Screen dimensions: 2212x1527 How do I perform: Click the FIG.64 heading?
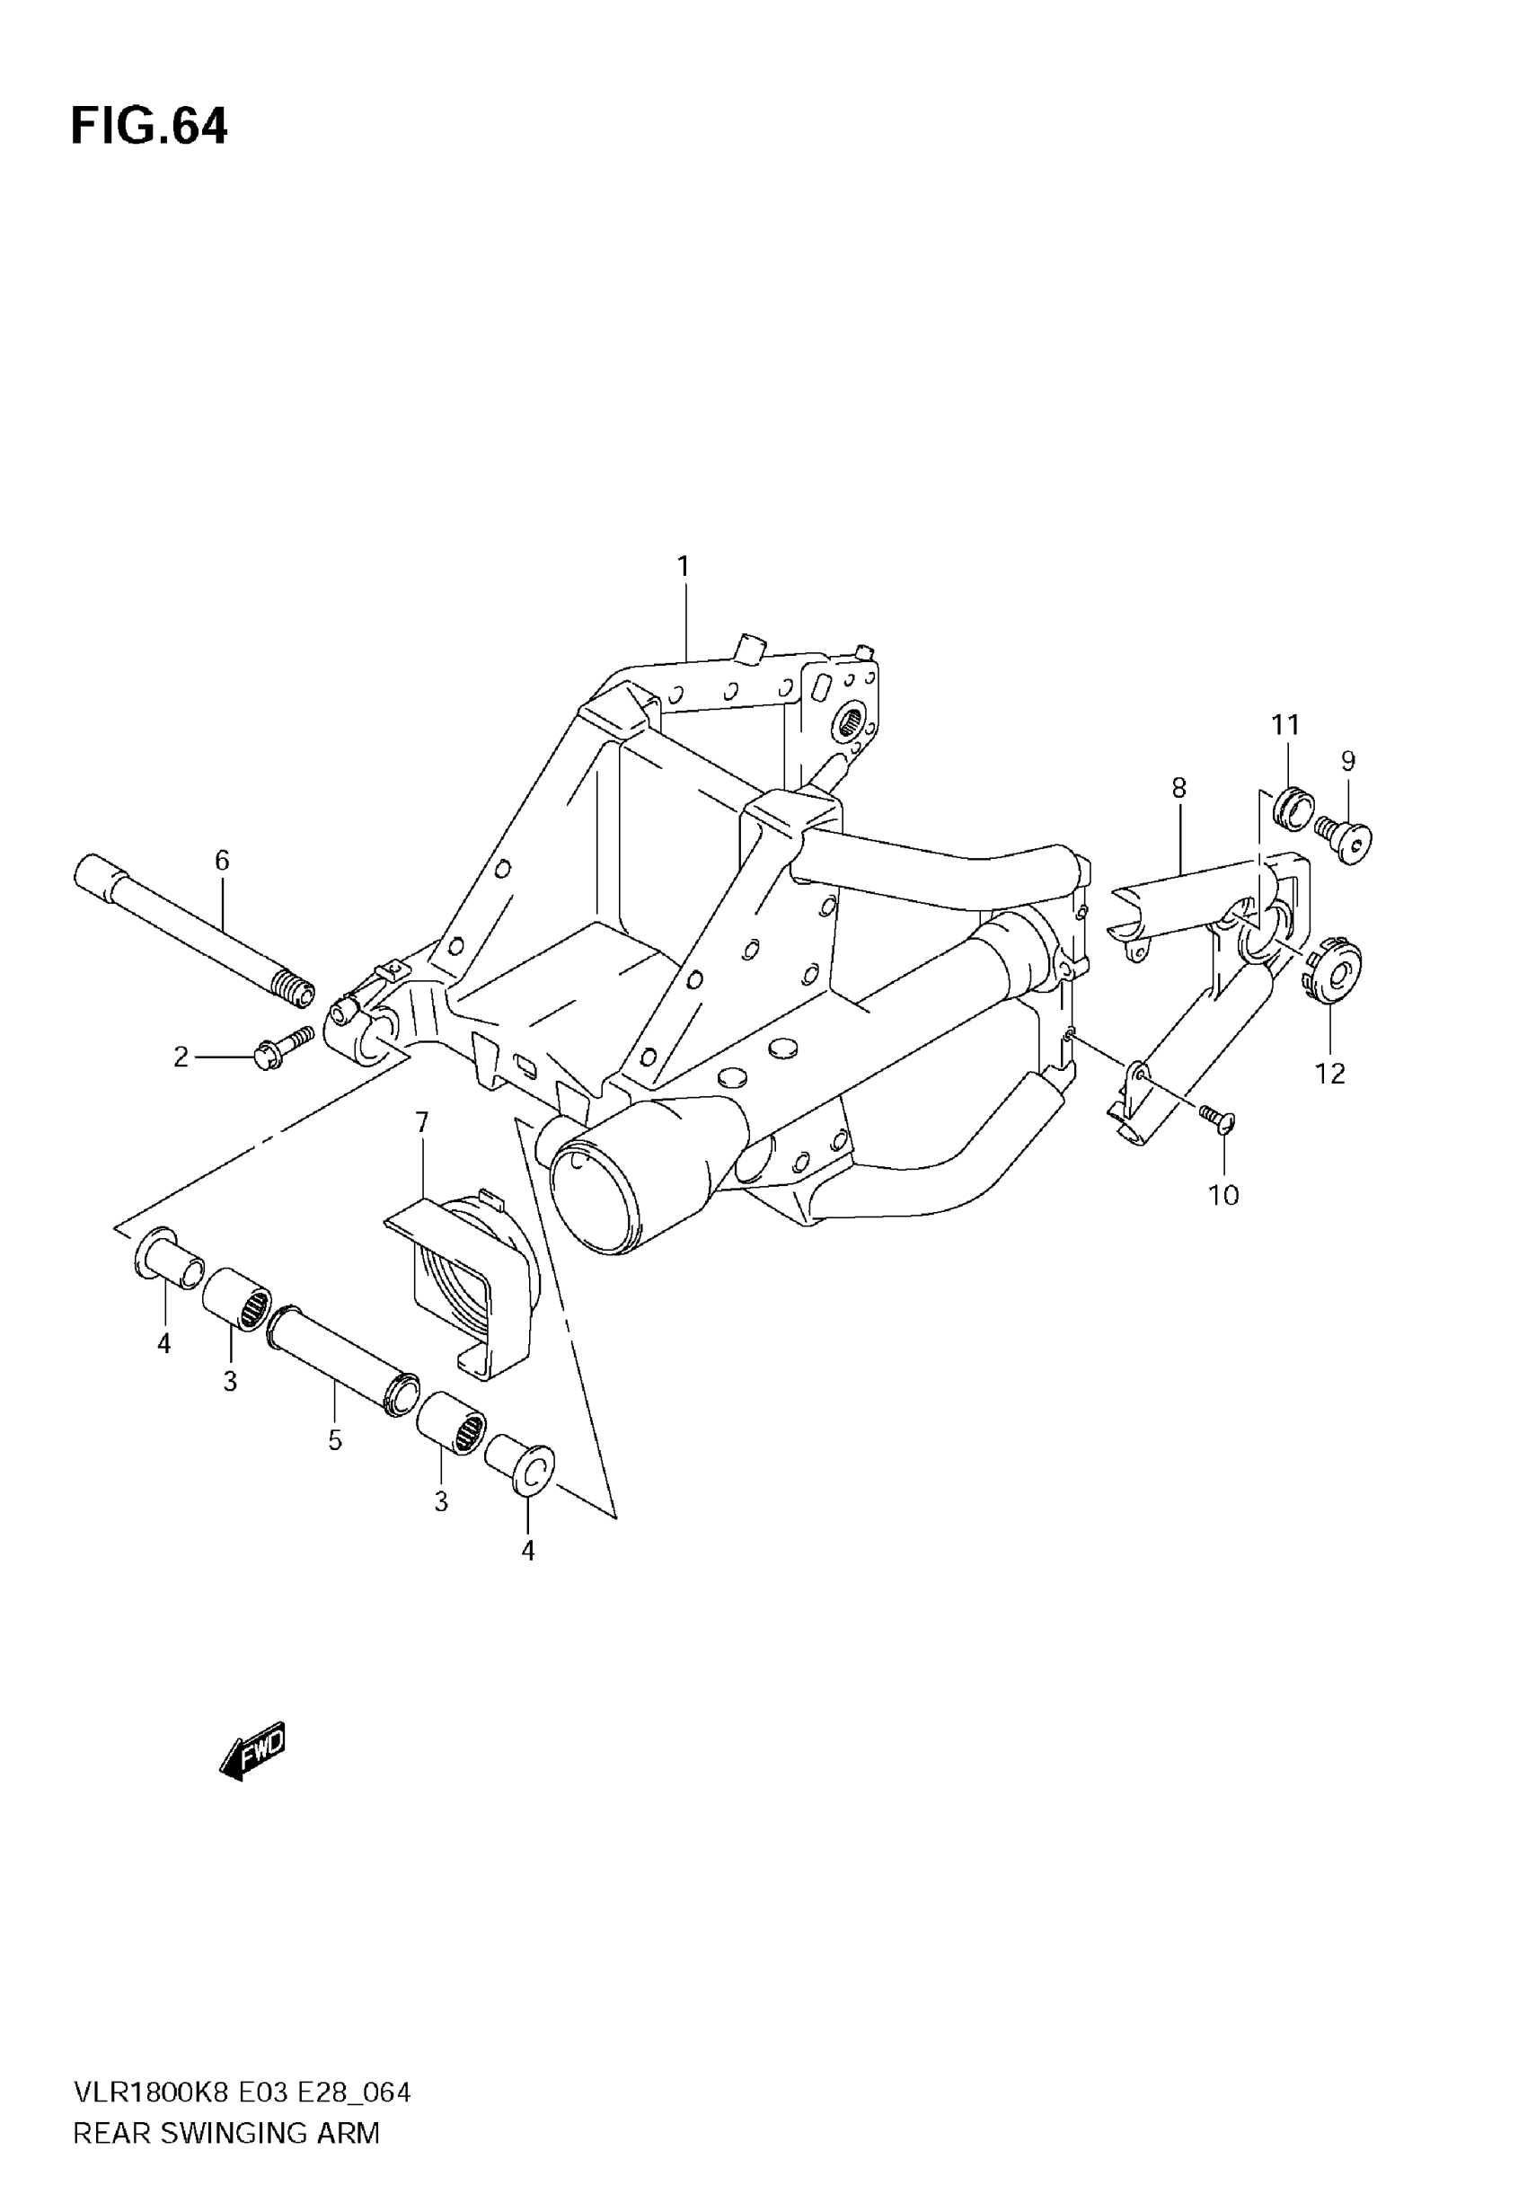pos(149,127)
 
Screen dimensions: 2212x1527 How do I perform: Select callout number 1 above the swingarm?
pos(684,566)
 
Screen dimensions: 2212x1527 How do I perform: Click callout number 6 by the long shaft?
pos(222,860)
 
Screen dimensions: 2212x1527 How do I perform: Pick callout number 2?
pos(181,1057)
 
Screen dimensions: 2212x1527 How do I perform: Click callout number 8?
pos(1178,787)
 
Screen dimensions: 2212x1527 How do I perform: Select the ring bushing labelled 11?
pos(1293,807)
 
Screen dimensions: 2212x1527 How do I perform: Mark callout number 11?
pos(1286,725)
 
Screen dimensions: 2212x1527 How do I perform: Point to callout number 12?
pos(1331,1074)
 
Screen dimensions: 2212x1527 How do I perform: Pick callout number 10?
pos(1223,1195)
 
